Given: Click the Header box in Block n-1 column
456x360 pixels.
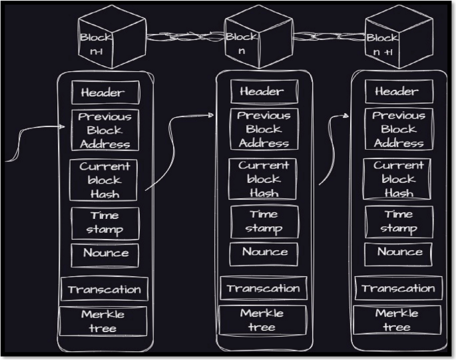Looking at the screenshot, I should point(103,92).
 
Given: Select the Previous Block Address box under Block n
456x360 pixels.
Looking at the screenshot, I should point(263,129).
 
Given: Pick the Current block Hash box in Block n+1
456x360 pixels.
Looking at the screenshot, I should point(398,179).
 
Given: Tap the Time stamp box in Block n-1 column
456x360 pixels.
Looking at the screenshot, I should point(105,223).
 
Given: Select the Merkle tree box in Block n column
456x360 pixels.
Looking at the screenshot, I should point(262,320).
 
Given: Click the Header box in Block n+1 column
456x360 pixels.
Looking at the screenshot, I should point(397,92).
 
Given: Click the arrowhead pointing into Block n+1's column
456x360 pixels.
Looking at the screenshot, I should point(347,115).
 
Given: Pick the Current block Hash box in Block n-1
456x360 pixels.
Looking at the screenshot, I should point(105,179).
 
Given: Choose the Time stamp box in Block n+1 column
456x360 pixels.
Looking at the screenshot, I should point(398,222).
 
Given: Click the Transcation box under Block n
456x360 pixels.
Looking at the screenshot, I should point(263,289).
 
